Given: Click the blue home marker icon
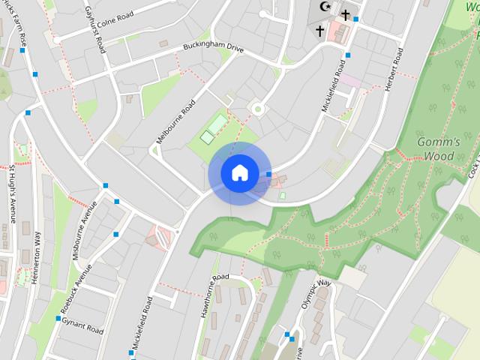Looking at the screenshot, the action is tap(239, 173).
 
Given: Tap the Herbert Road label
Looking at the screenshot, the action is tap(394, 70).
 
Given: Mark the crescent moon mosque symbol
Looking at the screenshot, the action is tap(325, 6).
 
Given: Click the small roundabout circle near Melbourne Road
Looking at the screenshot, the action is tap(258, 109).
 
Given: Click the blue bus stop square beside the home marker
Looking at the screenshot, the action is tap(269, 174).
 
